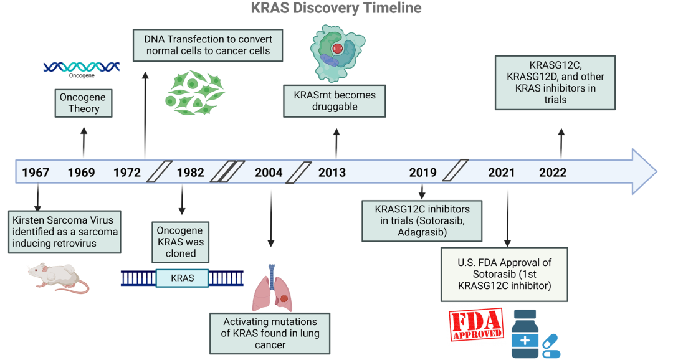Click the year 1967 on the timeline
click(36, 173)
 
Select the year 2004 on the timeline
click(269, 173)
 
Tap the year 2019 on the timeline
click(422, 173)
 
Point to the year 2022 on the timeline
click(553, 173)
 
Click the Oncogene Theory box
click(84, 103)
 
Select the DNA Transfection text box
click(208, 45)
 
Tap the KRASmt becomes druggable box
click(335, 101)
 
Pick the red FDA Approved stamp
click(476, 324)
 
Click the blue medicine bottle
click(525, 334)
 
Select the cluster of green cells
click(195, 93)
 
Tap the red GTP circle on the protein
click(338, 49)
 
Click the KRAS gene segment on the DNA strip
click(182, 278)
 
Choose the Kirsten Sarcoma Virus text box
click(64, 232)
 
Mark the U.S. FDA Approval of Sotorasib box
click(504, 274)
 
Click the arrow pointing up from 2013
click(336, 144)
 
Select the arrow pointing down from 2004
click(271, 219)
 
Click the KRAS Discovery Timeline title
click(336, 7)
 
